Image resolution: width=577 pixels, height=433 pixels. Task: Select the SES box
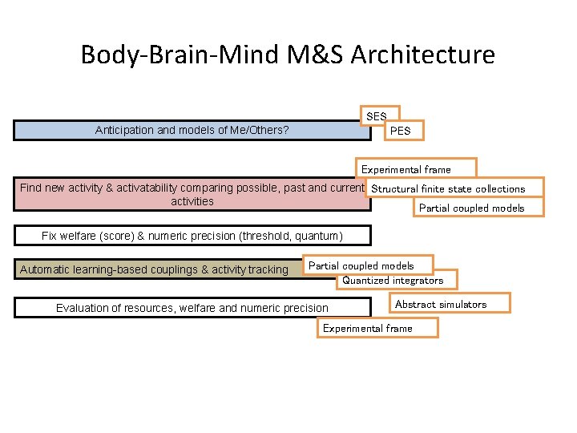[377, 116]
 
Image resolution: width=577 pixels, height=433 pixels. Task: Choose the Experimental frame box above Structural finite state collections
[406, 169]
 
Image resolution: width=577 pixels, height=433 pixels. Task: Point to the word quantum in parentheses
[319, 236]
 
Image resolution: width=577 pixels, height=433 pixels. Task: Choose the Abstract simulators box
[441, 304]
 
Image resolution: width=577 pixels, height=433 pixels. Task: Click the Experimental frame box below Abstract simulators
[367, 328]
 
